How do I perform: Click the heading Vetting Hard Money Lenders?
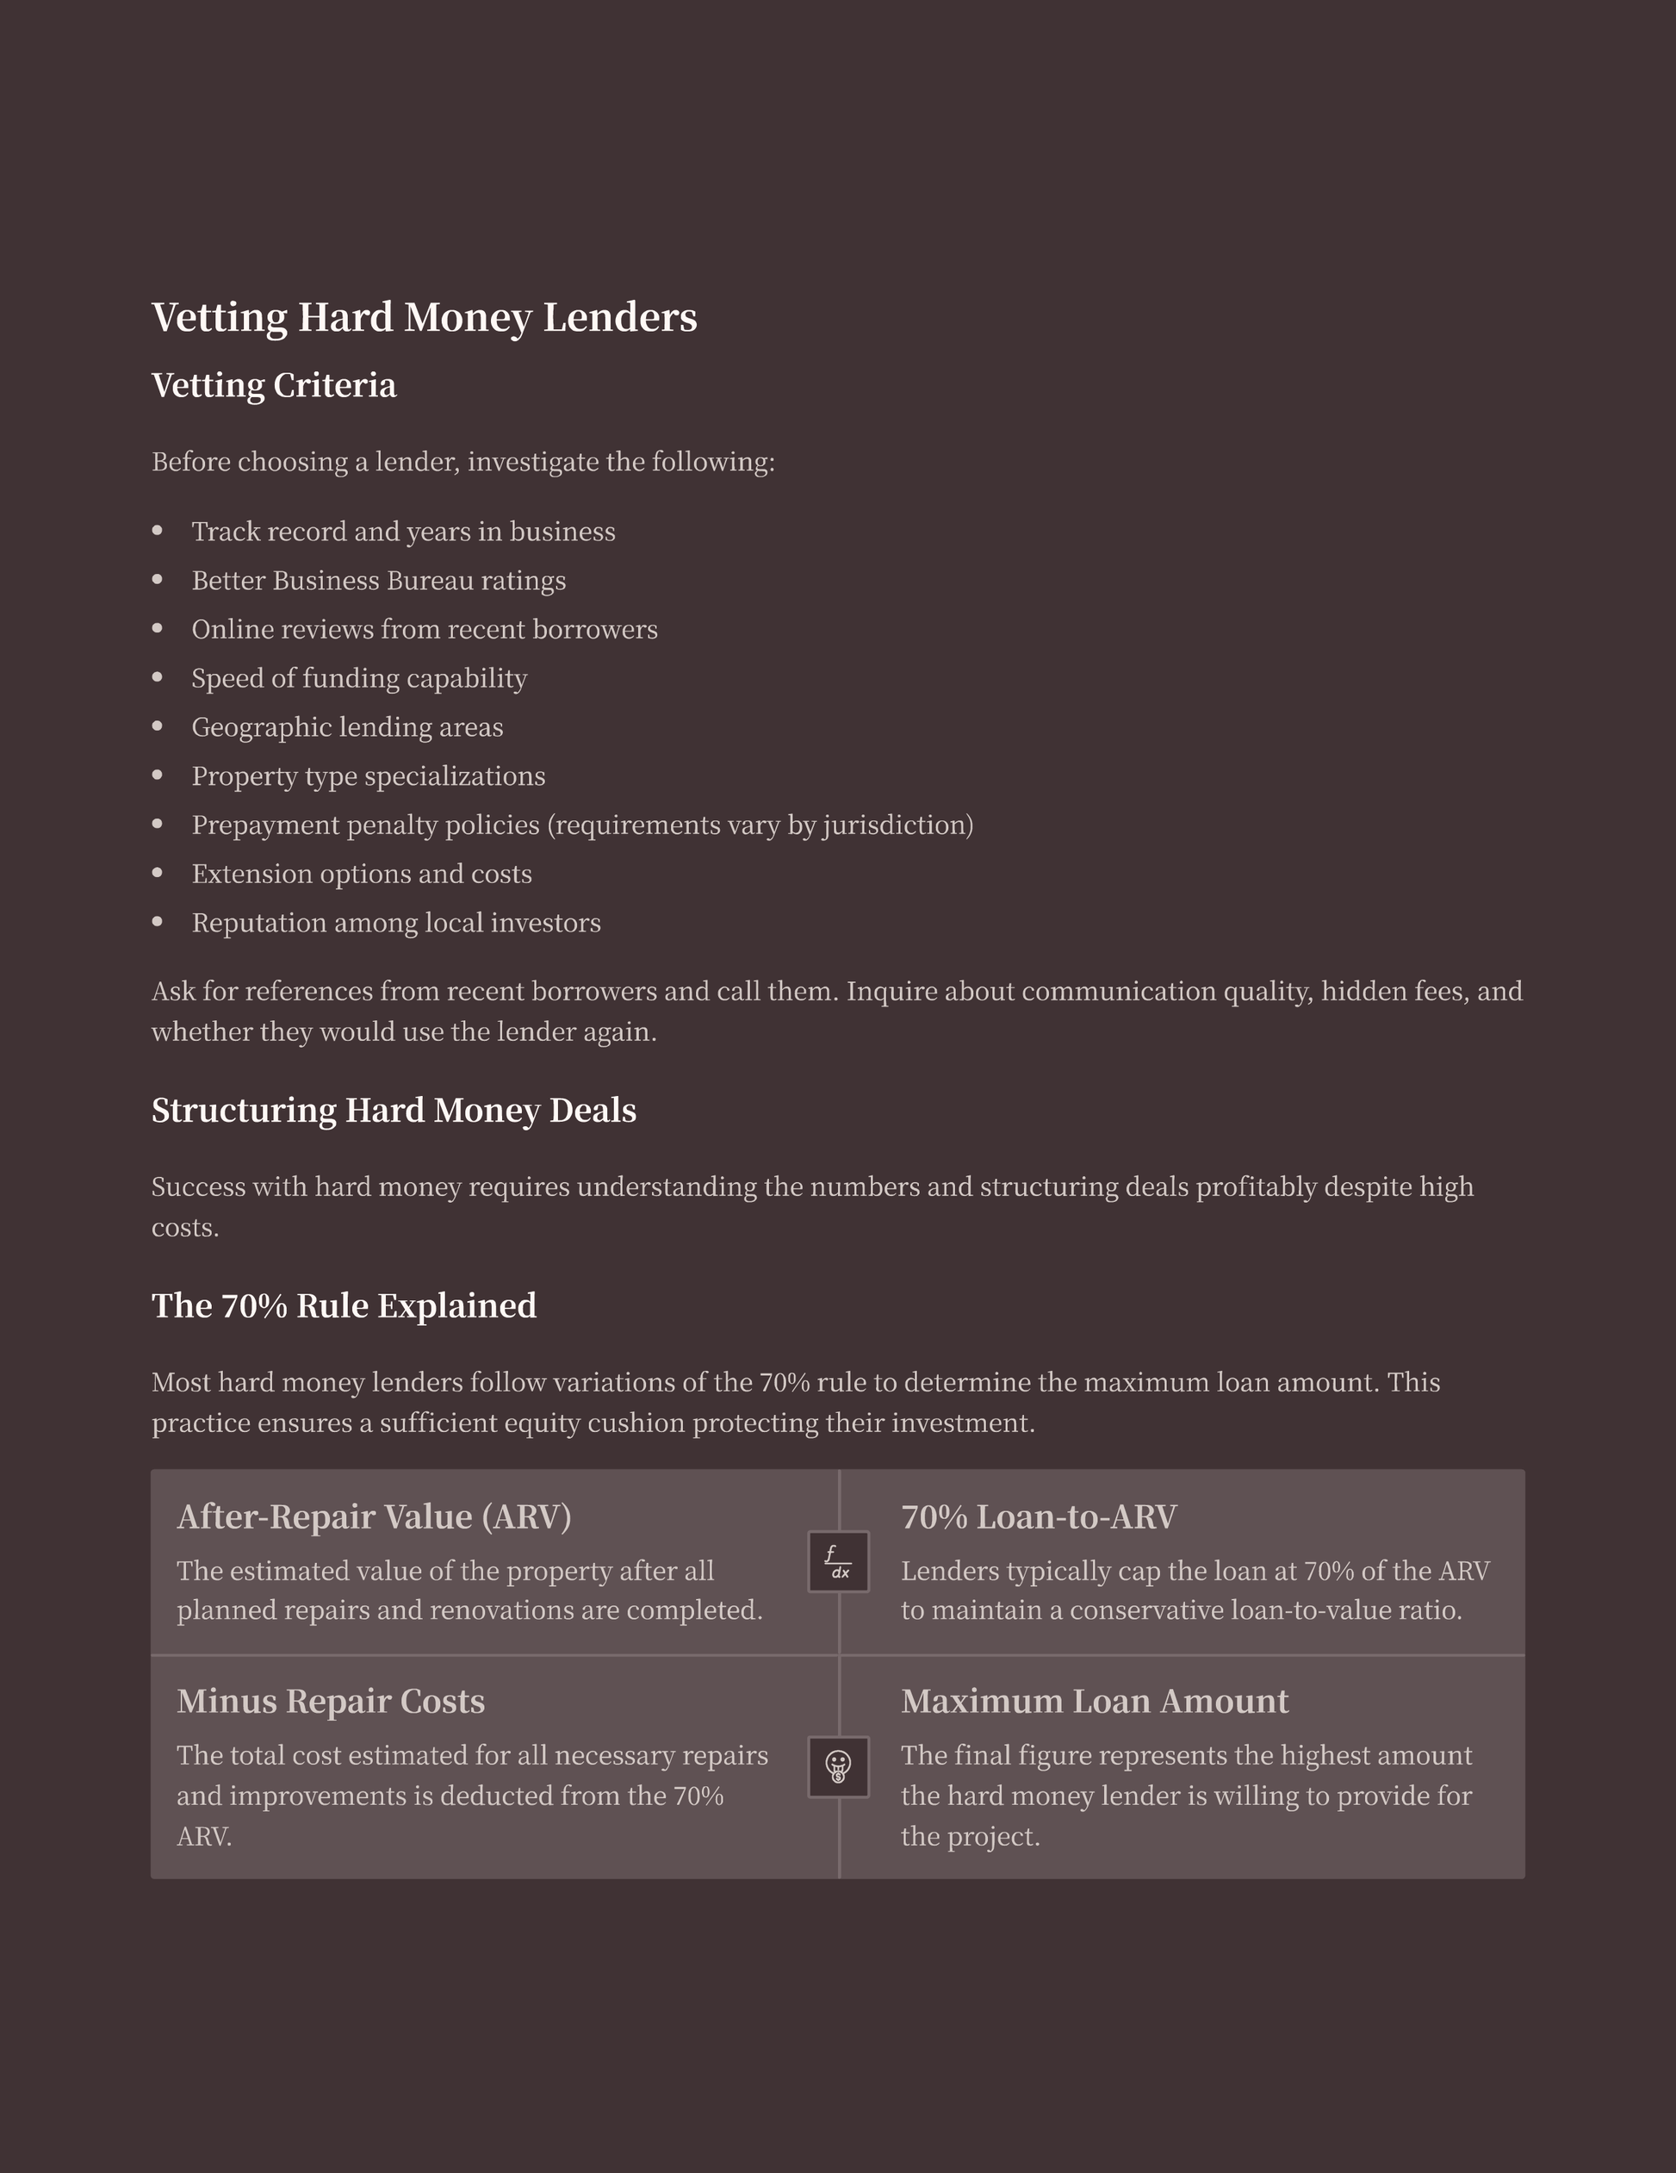[x=424, y=317]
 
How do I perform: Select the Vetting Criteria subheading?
[x=274, y=385]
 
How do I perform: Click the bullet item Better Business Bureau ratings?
[x=378, y=580]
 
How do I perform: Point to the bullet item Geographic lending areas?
[x=347, y=727]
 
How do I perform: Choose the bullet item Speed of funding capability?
[x=359, y=679]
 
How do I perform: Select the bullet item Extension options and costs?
[x=361, y=874]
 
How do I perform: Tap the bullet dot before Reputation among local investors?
[x=157, y=922]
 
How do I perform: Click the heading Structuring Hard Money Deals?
[x=393, y=1110]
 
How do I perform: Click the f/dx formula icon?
[x=839, y=1562]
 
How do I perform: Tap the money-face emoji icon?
[x=839, y=1767]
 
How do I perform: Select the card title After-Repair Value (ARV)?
[x=374, y=1516]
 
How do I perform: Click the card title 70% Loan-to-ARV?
[x=1039, y=1516]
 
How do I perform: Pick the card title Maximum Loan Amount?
[x=1094, y=1702]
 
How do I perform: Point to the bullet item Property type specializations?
[x=368, y=776]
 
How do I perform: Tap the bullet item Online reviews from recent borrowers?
[x=424, y=630]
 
